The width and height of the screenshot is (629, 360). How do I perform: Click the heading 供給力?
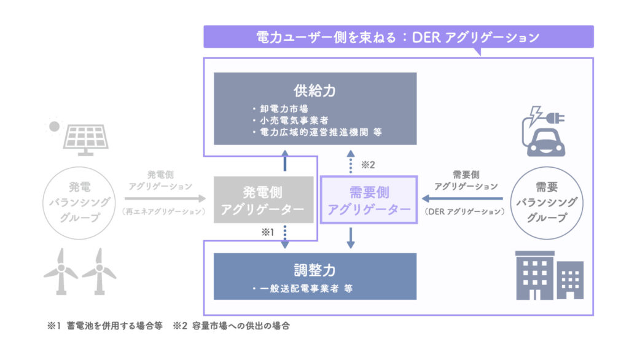point(314,92)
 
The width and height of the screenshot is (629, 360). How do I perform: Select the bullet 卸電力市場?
point(283,110)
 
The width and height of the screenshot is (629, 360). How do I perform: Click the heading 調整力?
point(314,270)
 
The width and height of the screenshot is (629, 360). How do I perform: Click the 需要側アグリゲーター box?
point(369,200)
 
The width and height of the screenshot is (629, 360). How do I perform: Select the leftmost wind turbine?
point(60,271)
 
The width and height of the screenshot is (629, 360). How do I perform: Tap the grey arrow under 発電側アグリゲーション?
point(165,198)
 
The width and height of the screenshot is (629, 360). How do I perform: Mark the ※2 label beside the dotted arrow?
point(367,164)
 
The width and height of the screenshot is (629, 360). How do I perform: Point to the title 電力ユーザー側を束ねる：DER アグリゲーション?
point(398,37)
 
